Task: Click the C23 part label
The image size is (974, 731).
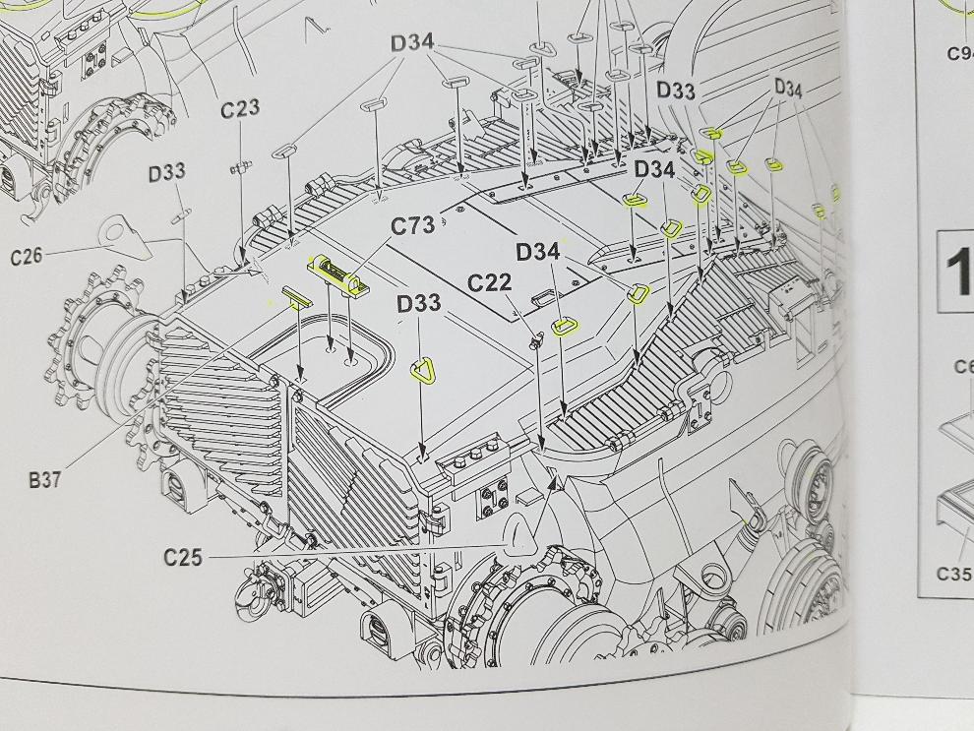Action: (x=240, y=109)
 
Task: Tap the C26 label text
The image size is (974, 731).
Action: (x=28, y=257)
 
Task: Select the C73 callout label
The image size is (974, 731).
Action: (x=413, y=225)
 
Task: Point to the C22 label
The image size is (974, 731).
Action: (x=490, y=283)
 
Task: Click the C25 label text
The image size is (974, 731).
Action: (x=183, y=557)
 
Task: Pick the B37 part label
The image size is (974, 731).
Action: (x=44, y=480)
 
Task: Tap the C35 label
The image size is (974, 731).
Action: (x=954, y=574)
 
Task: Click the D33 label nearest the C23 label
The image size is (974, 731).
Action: (x=166, y=172)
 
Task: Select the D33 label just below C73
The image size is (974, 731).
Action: (x=419, y=304)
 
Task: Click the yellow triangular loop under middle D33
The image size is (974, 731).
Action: (x=423, y=372)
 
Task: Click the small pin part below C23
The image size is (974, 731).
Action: (x=240, y=167)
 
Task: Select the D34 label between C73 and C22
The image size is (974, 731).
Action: (x=538, y=252)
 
